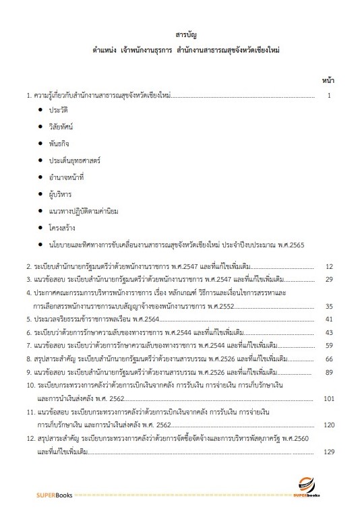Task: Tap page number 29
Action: (x=329, y=278)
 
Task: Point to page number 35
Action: (x=329, y=305)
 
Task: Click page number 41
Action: (x=329, y=319)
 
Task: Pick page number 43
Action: (x=329, y=332)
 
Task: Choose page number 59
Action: (x=329, y=345)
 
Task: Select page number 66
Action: (x=329, y=359)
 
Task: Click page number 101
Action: (x=328, y=398)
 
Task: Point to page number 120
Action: (x=328, y=425)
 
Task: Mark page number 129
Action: (x=328, y=452)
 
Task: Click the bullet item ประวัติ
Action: (x=58, y=109)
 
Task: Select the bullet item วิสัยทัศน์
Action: (x=61, y=126)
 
